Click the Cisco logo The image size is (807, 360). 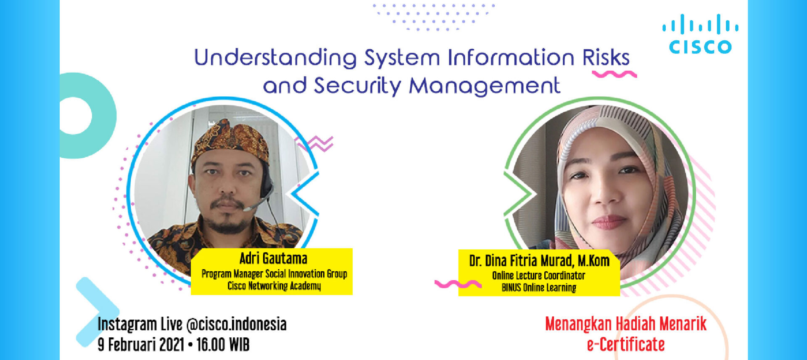coord(700,34)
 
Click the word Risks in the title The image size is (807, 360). coord(606,58)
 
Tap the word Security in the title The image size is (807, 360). coord(357,86)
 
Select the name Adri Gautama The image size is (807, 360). coord(273,258)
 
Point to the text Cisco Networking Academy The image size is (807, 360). coord(274,286)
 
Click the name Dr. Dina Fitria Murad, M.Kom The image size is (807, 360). coord(539,261)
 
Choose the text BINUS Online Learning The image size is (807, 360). coord(539,288)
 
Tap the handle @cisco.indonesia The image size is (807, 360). coord(236,324)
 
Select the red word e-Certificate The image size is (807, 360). coord(626,344)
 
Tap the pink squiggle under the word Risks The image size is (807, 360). coord(614,74)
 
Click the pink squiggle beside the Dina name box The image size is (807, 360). coord(457,284)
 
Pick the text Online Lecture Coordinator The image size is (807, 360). coord(539,275)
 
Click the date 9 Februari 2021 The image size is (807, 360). coord(141,344)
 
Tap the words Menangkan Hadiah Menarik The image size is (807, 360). coord(625,324)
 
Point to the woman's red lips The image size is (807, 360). coord(609,221)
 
